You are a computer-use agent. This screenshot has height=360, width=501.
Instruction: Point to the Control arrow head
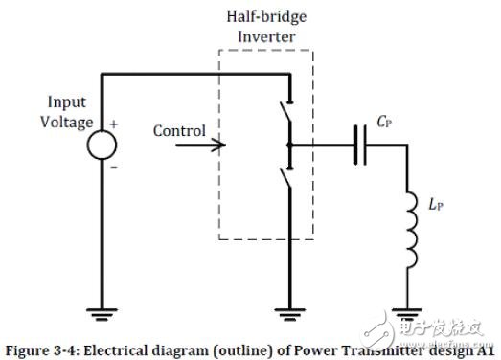[x=222, y=146]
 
